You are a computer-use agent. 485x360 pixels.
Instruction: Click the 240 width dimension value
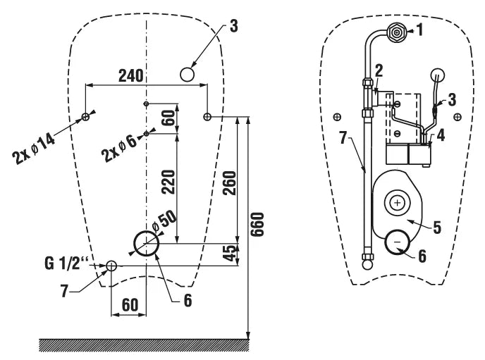130,75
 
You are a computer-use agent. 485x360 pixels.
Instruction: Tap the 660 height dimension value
257,225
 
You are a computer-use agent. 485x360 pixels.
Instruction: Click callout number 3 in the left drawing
233,26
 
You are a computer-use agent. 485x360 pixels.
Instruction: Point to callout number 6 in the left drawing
188,299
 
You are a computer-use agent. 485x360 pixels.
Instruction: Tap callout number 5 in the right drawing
437,227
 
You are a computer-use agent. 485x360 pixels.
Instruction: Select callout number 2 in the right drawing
379,70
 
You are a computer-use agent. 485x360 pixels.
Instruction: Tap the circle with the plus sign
398,203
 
